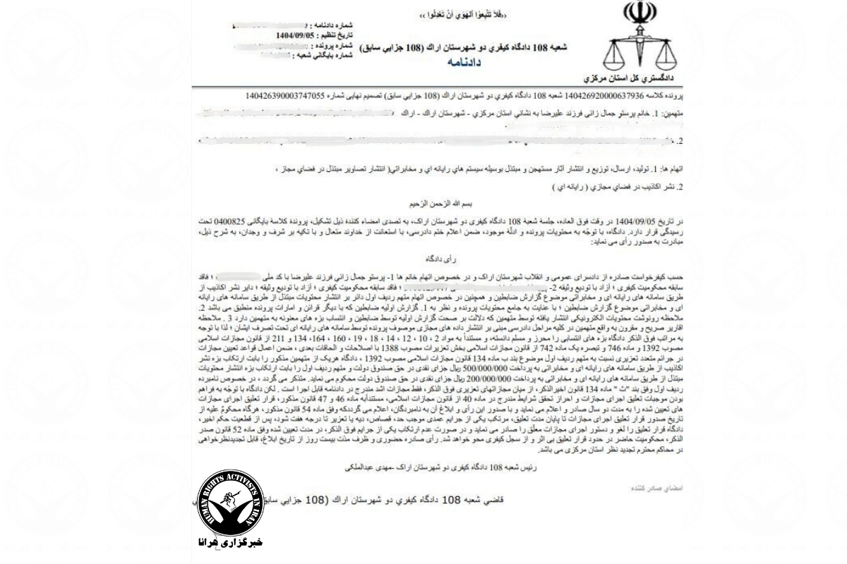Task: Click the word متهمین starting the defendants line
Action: pos(663,113)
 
